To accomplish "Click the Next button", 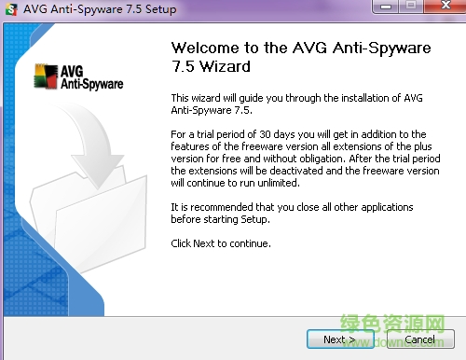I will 337,339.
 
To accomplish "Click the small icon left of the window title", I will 10,9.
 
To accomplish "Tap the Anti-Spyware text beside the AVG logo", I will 90,84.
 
